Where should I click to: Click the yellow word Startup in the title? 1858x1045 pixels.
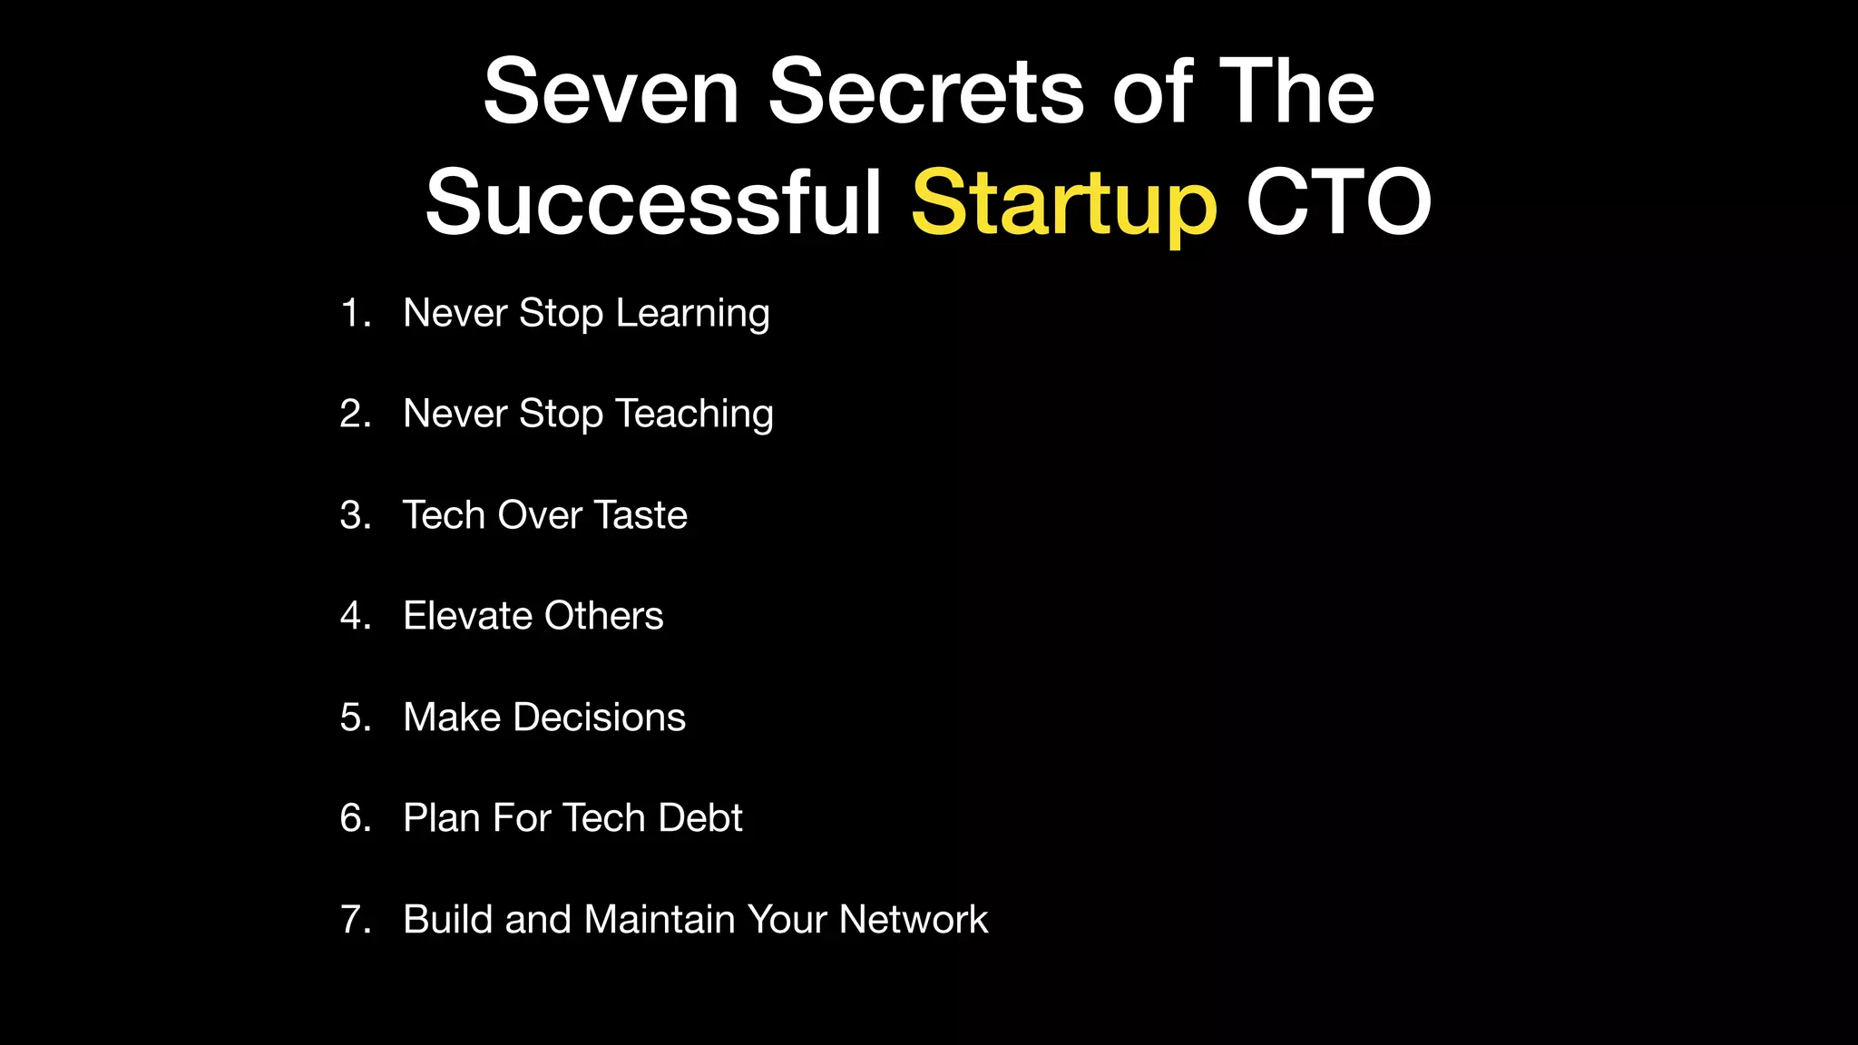coord(1063,203)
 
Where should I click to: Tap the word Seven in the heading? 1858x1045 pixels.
coord(611,92)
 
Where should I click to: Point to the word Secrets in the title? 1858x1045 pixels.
coord(926,92)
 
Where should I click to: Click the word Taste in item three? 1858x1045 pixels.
coord(641,515)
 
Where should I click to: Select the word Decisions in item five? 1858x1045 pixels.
coord(600,718)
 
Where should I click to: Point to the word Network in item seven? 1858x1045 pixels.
coord(914,920)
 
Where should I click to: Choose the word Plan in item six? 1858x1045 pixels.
coord(442,818)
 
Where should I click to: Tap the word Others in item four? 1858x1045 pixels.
coord(604,617)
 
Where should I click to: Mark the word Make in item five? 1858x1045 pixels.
coord(452,718)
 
